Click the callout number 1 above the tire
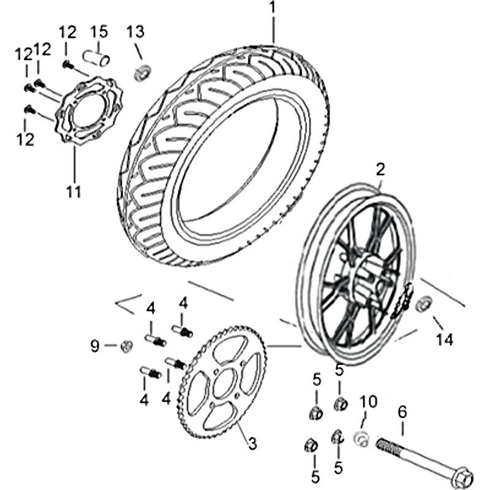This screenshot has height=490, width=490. click(x=273, y=9)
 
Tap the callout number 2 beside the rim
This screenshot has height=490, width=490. click(x=380, y=168)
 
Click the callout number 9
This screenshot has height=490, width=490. click(x=94, y=346)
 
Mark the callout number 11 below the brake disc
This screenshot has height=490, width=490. click(x=73, y=191)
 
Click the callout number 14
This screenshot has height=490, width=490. click(x=445, y=339)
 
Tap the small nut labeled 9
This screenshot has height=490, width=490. click(x=126, y=347)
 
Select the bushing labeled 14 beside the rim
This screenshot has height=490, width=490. click(x=423, y=304)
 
